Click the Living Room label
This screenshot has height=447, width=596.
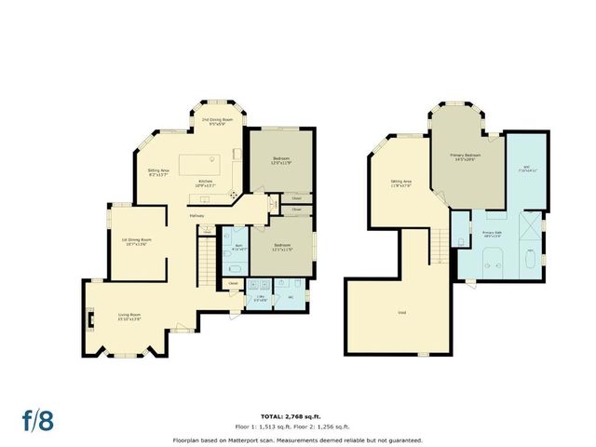[129, 317]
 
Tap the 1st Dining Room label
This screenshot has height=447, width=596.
[136, 241]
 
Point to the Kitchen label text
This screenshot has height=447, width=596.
[206, 183]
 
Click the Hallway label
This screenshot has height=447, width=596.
[197, 217]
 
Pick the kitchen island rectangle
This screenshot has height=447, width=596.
[199, 164]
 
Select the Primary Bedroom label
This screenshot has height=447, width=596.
[465, 156]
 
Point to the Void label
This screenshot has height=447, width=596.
[401, 312]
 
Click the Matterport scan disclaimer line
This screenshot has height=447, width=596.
[298, 440]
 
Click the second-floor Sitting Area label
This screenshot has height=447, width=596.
[401, 183]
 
